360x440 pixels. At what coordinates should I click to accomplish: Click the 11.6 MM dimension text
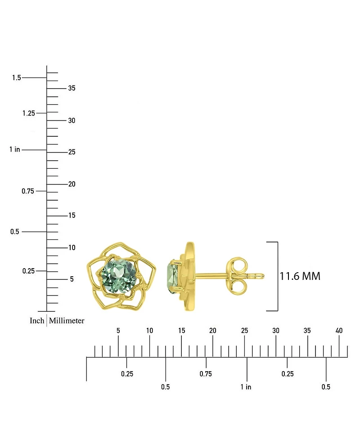coord(300,276)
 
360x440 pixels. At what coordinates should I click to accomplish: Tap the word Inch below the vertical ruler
coord(37,320)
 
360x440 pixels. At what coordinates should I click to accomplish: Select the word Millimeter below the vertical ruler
coord(67,320)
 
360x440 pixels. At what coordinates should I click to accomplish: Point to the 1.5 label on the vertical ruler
coord(17,78)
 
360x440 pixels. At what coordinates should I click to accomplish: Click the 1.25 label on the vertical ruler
coord(28,113)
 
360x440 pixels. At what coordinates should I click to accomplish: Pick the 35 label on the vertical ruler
coord(72,88)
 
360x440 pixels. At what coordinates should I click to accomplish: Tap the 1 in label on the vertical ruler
coord(15,149)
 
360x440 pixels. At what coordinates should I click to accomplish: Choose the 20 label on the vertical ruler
coord(72,184)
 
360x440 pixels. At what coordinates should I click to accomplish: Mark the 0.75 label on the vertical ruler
coord(28,191)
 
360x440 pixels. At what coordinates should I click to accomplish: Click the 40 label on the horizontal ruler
coord(339,331)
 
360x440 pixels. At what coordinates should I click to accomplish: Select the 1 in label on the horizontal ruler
coord(246,387)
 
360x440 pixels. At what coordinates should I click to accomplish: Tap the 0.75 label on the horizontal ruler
coord(206,373)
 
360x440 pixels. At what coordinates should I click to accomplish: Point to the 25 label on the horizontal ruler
coord(244,331)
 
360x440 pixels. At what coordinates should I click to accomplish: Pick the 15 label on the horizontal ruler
coord(181,331)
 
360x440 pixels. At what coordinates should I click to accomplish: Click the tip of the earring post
coord(262,276)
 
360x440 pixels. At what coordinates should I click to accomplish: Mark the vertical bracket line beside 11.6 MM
coord(277,276)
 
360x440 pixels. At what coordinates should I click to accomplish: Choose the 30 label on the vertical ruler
coord(72,121)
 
